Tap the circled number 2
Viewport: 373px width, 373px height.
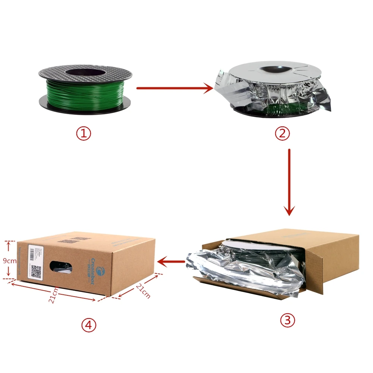[x=282, y=134]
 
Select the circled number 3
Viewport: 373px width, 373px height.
[x=287, y=320]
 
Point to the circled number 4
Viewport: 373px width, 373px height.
[x=89, y=325]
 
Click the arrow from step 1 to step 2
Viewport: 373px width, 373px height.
[x=174, y=88]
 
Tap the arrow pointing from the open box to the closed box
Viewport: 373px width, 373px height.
[x=171, y=261]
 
